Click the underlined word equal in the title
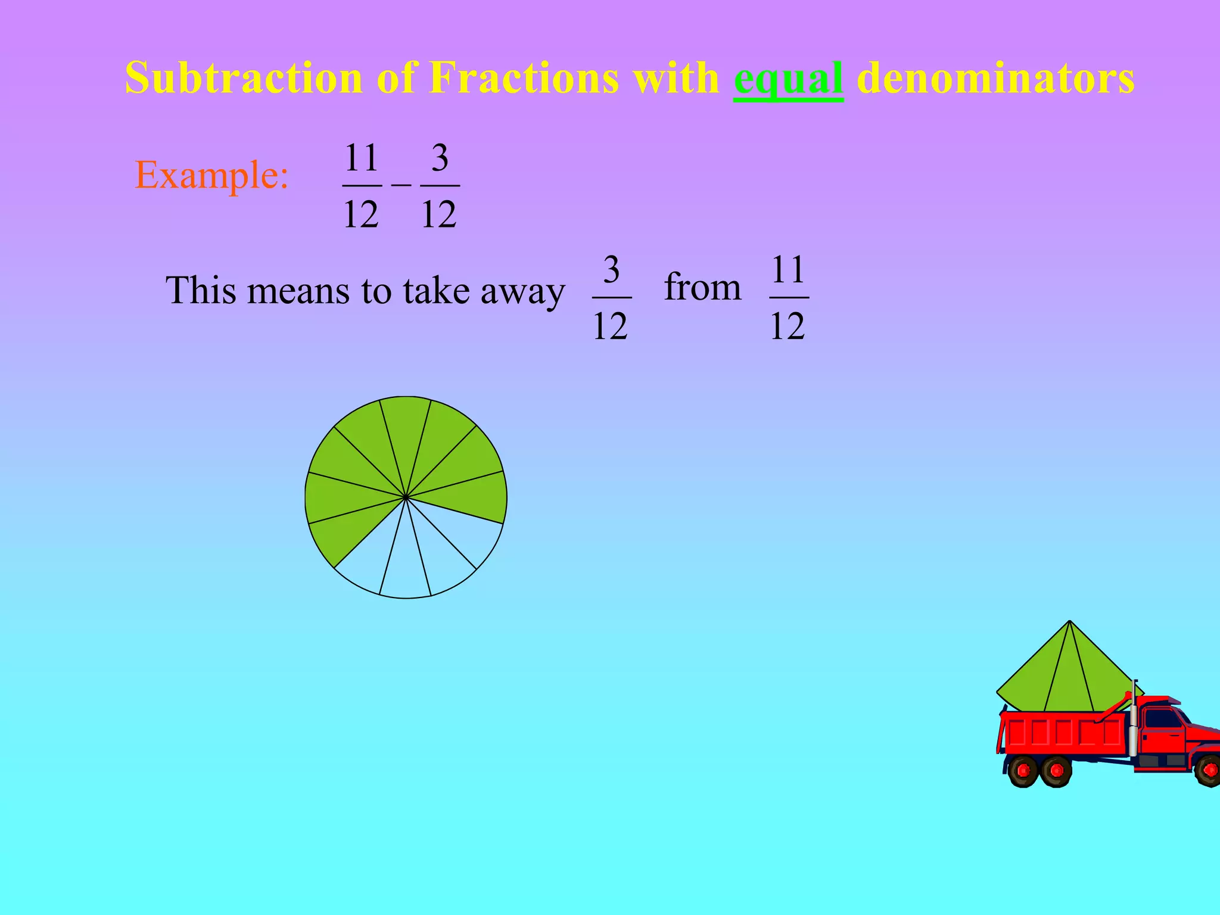pos(788,79)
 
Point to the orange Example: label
pos(212,175)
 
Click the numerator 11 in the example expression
pos(362,158)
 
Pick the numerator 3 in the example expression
pos(440,158)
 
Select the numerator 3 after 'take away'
pos(611,270)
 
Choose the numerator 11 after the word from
pos(789,270)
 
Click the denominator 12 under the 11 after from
pos(788,326)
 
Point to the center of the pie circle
pos(406,497)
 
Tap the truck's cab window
pos(1161,718)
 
